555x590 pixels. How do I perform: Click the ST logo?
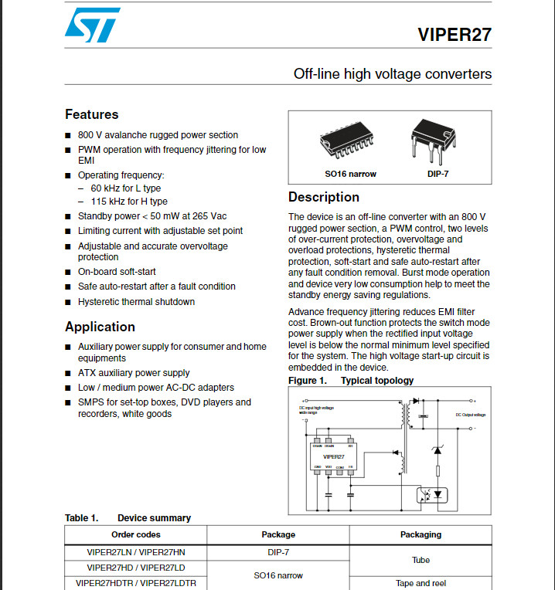pyautogui.click(x=93, y=25)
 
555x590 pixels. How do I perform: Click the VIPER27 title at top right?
pyautogui.click(x=454, y=36)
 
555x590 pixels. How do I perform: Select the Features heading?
pyautogui.click(x=92, y=114)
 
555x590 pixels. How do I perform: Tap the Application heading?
pyautogui.click(x=100, y=327)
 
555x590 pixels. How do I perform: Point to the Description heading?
pyautogui.click(x=324, y=197)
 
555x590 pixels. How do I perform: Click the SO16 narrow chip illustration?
pyautogui.click(x=350, y=143)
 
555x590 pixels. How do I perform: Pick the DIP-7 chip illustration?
pyautogui.click(x=433, y=140)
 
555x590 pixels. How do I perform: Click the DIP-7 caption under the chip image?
pyautogui.click(x=437, y=174)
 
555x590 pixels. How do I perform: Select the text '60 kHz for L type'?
pyautogui.click(x=126, y=188)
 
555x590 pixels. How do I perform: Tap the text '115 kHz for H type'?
pyautogui.click(x=129, y=202)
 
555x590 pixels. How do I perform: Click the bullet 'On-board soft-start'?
pyautogui.click(x=117, y=272)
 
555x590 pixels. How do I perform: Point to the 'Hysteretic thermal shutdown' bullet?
pyautogui.click(x=136, y=302)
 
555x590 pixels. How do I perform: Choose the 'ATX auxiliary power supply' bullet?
pyautogui.click(x=134, y=373)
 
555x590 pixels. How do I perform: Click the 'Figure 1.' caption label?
pyautogui.click(x=307, y=381)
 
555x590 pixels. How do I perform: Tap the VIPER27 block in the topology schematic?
pyautogui.click(x=333, y=456)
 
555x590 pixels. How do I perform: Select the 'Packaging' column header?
pyautogui.click(x=421, y=534)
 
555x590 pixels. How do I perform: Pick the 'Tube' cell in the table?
pyautogui.click(x=421, y=560)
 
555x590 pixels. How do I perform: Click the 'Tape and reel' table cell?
pyautogui.click(x=421, y=583)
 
